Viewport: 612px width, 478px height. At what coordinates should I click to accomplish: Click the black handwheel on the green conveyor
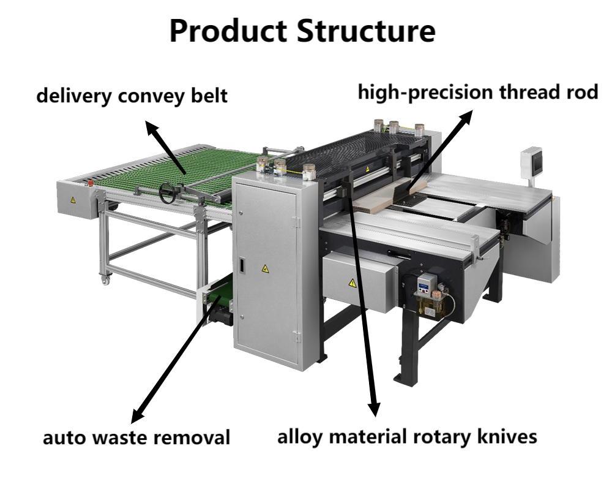tap(166, 192)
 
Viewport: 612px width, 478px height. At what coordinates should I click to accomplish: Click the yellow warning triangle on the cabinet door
tap(264, 268)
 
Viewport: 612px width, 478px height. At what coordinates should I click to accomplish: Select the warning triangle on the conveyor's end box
tap(73, 200)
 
